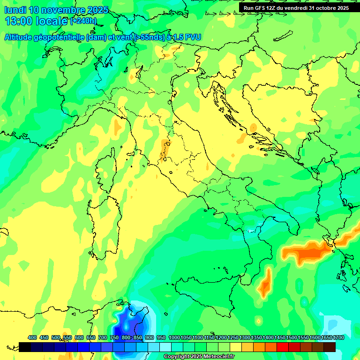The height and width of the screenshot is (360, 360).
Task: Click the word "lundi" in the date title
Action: coord(15,10)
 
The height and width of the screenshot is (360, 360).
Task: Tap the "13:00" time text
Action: coord(18,21)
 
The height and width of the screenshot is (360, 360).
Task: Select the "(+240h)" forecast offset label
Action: coord(83,21)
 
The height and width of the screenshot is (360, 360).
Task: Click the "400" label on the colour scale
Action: coord(32,338)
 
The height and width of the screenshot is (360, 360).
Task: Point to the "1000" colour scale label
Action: coord(174,338)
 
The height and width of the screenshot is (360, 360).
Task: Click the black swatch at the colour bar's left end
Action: coord(25,347)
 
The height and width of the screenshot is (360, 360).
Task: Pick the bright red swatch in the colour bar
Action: coord(283,347)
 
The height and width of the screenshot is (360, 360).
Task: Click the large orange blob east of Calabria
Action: coord(307,253)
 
